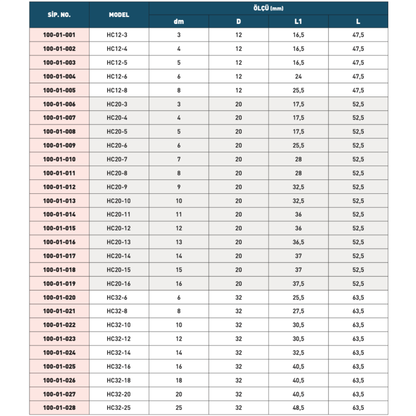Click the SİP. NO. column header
[59, 15]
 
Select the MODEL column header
[119, 15]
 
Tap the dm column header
[179, 22]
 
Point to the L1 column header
[298, 22]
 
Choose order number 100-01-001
[59, 35]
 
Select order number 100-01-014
[59, 214]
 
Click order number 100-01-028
[59, 408]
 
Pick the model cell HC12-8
[117, 90]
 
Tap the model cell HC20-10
[118, 201]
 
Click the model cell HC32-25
[118, 408]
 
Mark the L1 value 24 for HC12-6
[298, 77]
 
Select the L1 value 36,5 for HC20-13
[298, 242]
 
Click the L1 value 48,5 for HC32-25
[298, 408]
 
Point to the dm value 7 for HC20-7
[179, 159]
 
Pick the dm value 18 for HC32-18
[179, 380]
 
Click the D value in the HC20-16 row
[238, 284]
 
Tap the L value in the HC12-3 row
[358, 35]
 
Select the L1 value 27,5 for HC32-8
[298, 311]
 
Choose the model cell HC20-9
[117, 187]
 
